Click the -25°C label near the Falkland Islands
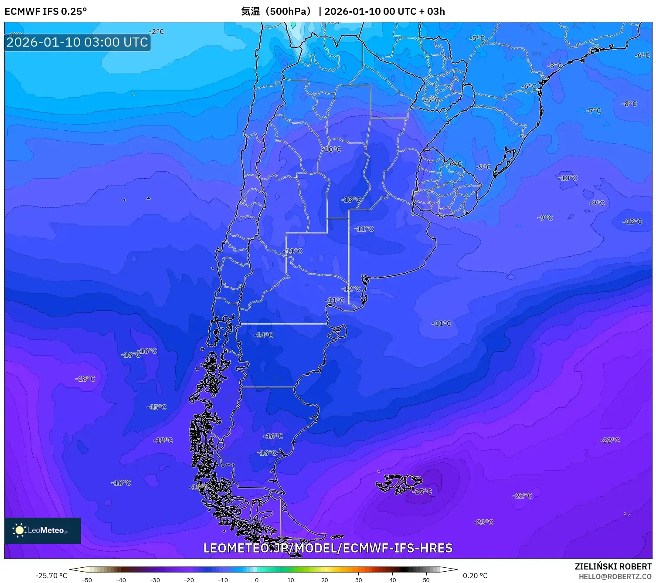point(422,491)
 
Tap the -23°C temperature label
point(483,522)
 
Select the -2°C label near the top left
point(156,31)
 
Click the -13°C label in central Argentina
point(351,200)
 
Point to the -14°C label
point(263,335)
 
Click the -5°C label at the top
point(477,38)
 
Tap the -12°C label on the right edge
point(632,221)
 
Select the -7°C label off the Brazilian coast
point(593,111)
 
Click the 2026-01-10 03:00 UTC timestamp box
point(77,42)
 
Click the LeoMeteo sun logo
point(19,530)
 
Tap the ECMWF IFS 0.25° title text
point(46,11)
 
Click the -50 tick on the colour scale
point(87,580)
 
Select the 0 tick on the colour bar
point(257,580)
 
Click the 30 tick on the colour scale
point(359,580)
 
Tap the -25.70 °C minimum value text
point(51,576)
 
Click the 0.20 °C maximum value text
point(475,576)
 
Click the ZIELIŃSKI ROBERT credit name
point(613,566)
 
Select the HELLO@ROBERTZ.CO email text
point(615,576)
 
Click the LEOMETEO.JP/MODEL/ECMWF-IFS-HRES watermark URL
point(328,548)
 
